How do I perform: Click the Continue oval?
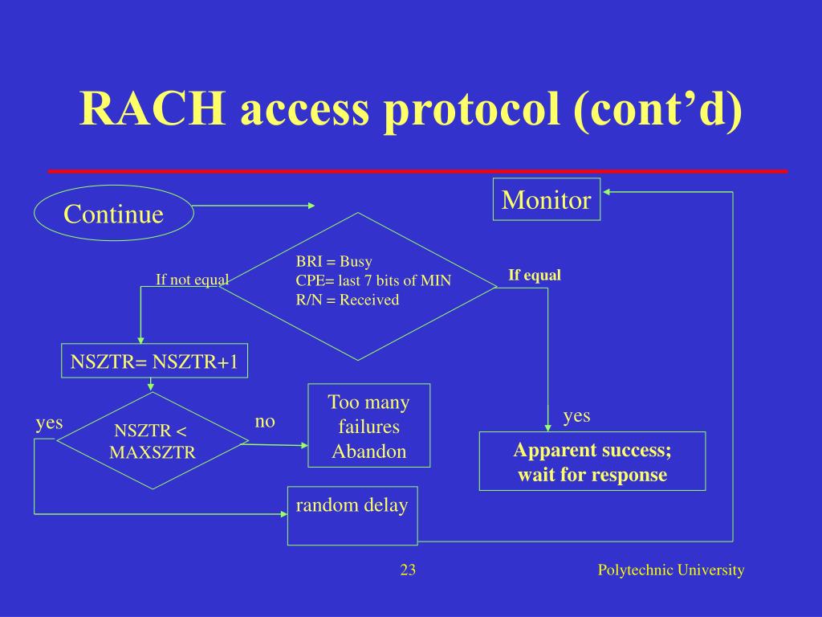point(113,214)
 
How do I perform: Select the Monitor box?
point(546,200)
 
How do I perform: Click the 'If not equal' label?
point(192,280)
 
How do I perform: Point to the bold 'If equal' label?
point(534,276)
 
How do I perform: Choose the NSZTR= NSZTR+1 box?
point(154,362)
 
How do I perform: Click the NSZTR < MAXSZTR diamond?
point(153,441)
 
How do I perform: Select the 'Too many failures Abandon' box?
point(369,426)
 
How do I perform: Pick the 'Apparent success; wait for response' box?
point(592,461)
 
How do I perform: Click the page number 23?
point(408,570)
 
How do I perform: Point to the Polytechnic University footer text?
point(671,570)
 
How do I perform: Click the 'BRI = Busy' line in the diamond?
point(334,261)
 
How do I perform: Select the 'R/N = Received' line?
point(347,300)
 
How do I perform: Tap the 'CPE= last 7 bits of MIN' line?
point(373,280)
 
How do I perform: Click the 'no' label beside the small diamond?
point(265,422)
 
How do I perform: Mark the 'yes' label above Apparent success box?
point(576,415)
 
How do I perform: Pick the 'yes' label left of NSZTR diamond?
point(49,423)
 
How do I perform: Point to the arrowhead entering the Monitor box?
point(607,192)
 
